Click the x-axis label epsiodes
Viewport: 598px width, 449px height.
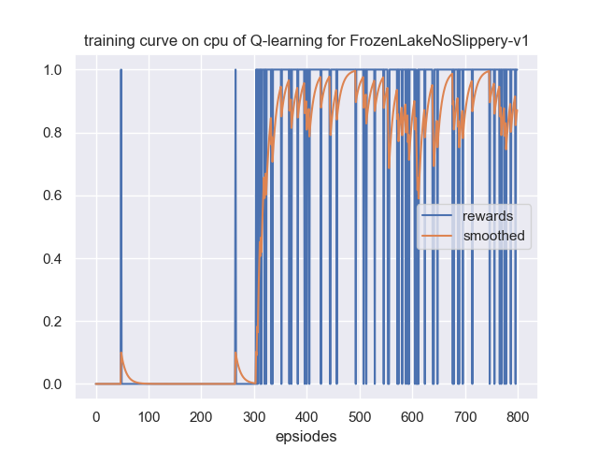pyautogui.click(x=306, y=436)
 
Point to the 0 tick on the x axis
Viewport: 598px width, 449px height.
pyautogui.click(x=95, y=415)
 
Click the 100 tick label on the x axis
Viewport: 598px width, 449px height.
pyautogui.click(x=148, y=415)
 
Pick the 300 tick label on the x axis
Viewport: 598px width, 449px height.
pyautogui.click(x=253, y=415)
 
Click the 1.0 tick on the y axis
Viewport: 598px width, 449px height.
pyautogui.click(x=54, y=70)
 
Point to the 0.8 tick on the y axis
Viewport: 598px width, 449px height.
pyautogui.click(x=54, y=133)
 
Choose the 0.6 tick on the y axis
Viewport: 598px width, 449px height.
pyautogui.click(x=54, y=196)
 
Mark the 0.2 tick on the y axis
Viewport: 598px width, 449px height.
pyautogui.click(x=54, y=322)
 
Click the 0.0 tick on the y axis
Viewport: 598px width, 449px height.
pyautogui.click(x=54, y=384)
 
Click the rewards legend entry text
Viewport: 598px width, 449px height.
pyautogui.click(x=487, y=217)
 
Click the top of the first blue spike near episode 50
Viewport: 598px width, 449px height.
pyautogui.click(x=121, y=70)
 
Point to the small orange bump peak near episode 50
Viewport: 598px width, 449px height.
pyautogui.click(x=121, y=353)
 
